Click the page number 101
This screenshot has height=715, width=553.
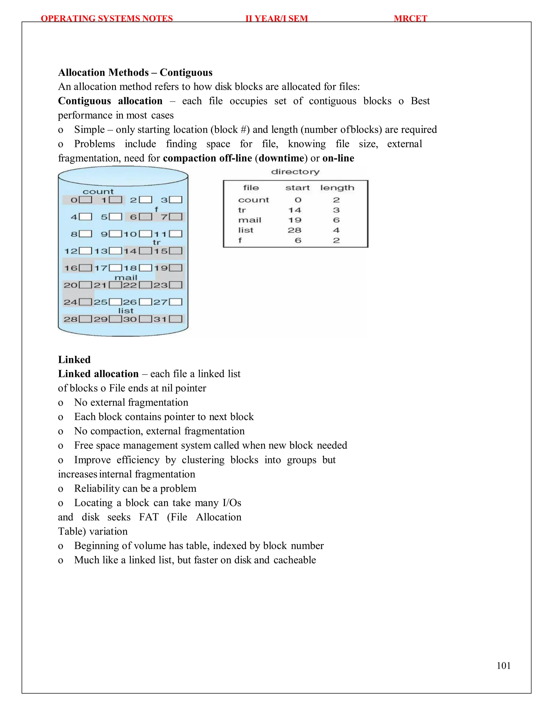504,666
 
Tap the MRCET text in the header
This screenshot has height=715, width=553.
410,18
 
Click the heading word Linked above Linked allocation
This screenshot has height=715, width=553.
74,359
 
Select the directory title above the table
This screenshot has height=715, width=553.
295,172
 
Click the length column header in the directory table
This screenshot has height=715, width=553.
337,188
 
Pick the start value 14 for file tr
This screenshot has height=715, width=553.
295,210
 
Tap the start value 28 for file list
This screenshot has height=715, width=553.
295,230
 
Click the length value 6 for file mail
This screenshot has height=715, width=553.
336,220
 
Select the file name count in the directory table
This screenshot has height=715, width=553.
253,200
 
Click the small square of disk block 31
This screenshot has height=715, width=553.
176,319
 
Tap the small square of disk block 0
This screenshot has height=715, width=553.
86,200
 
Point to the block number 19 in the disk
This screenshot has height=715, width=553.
161,268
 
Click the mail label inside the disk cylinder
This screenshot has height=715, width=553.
126,277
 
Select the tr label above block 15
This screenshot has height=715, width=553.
157,242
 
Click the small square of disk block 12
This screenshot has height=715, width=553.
86,251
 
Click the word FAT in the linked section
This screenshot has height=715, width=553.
149,517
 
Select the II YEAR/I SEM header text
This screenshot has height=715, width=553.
276,18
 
